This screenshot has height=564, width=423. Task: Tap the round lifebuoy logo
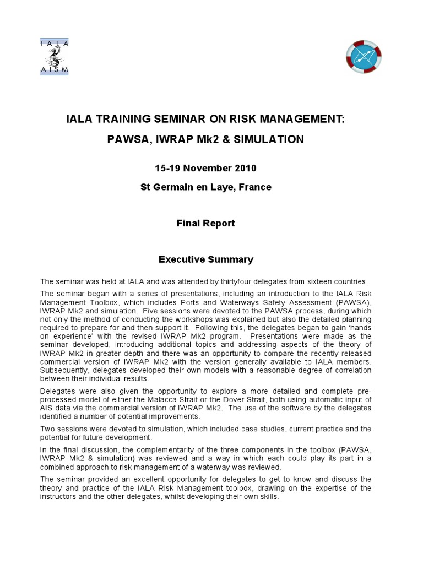point(364,57)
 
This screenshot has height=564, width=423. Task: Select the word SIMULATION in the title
point(269,139)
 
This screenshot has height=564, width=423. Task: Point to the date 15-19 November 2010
point(205,167)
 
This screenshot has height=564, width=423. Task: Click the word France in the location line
point(254,187)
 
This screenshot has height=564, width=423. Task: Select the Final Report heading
point(205,223)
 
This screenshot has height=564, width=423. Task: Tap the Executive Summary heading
point(205,259)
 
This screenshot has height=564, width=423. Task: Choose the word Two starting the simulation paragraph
point(48,429)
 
